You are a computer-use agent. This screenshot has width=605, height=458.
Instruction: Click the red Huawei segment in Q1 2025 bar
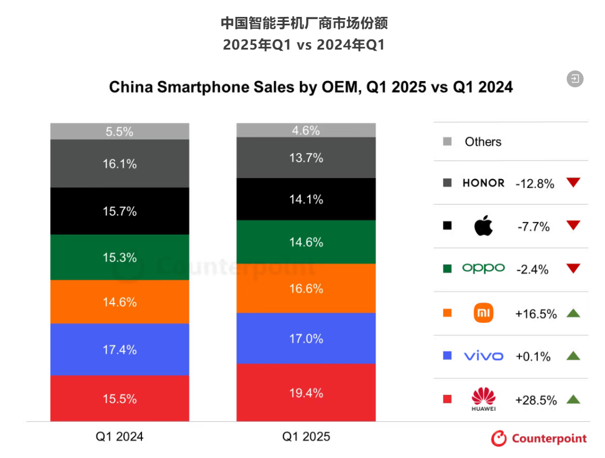[x=306, y=393]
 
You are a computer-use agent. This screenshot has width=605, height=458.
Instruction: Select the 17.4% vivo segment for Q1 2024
[x=119, y=349]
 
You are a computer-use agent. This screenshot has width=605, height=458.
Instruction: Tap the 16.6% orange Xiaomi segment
[x=306, y=288]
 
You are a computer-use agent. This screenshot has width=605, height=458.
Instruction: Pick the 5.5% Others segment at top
[x=119, y=131]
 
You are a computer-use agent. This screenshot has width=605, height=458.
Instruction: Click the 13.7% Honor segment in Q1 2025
[x=306, y=158]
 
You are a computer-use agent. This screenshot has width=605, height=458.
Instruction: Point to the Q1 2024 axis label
[x=119, y=437]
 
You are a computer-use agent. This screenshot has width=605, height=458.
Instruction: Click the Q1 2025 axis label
[x=306, y=437]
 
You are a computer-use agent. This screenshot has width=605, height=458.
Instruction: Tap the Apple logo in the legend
[x=483, y=226]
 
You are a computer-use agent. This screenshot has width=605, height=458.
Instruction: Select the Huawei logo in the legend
[x=483, y=399]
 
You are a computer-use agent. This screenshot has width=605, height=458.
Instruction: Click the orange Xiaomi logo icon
[x=483, y=313]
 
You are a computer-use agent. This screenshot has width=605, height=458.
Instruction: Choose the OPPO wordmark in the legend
[x=483, y=269]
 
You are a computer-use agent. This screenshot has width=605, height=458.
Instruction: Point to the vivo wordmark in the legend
[x=483, y=356]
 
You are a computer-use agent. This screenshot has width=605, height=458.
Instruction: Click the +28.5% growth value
[x=536, y=400]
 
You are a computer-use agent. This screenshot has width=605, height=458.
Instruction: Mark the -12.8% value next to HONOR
[x=535, y=184]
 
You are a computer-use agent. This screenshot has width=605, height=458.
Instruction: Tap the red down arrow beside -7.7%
[x=573, y=226]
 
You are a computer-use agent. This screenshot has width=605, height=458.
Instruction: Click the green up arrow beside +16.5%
[x=573, y=313]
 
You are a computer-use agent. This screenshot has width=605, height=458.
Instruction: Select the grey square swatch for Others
[x=447, y=141]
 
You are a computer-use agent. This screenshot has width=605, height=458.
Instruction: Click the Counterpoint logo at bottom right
[x=539, y=438]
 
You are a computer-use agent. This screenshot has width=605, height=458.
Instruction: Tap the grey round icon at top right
[x=575, y=79]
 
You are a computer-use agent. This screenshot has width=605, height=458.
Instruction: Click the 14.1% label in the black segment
[x=306, y=199]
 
